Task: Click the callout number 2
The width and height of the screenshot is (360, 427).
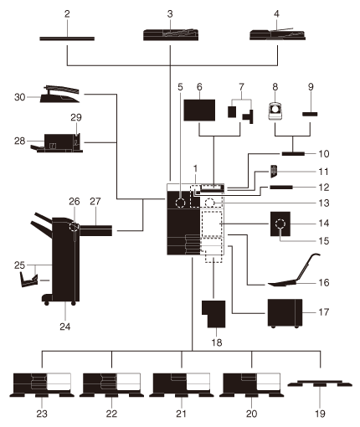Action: click(67, 14)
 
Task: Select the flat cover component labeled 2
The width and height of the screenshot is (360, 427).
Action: click(67, 39)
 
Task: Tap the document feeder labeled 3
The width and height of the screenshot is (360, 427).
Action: click(171, 34)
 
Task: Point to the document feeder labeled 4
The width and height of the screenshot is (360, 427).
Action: click(277, 34)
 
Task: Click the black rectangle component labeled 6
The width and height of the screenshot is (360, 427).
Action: click(199, 110)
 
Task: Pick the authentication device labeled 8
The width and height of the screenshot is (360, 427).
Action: click(275, 111)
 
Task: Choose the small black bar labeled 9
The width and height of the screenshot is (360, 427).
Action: click(310, 114)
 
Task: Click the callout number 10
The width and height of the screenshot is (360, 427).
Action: click(324, 154)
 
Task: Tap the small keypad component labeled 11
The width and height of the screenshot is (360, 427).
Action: click(274, 172)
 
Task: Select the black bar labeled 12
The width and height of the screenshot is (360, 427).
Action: click(281, 187)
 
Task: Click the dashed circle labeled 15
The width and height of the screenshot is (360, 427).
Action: click(280, 224)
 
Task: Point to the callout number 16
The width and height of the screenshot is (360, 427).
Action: click(324, 282)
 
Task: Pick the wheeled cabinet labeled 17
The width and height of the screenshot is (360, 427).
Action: click(285, 313)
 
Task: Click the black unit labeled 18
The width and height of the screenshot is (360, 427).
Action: click(213, 314)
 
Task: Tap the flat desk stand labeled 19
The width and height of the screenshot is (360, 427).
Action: click(320, 384)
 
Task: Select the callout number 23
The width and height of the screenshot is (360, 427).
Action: click(42, 414)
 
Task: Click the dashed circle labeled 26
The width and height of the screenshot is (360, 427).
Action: click(74, 227)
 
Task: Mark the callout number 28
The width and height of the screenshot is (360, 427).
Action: click(19, 141)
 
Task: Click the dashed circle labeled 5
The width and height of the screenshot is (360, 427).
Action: click(180, 203)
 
